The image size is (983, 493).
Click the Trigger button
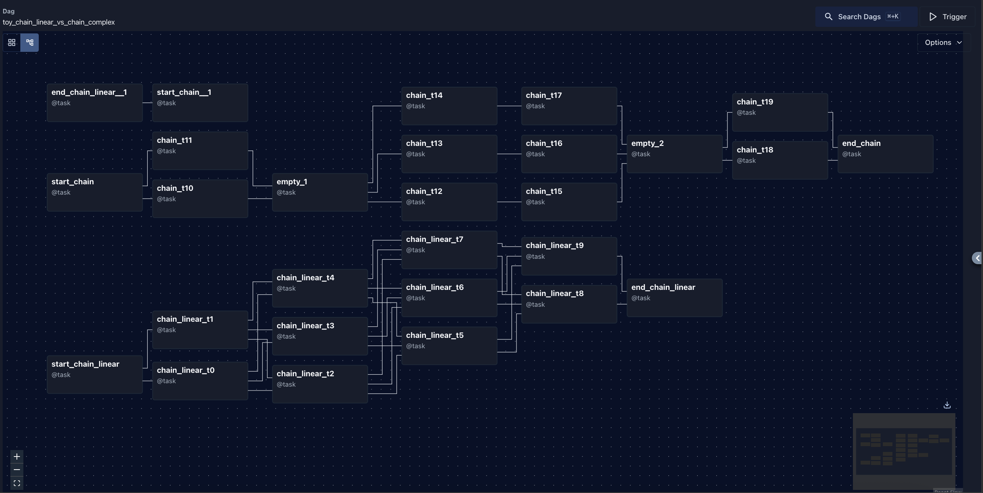(x=947, y=17)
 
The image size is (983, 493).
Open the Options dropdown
(x=943, y=43)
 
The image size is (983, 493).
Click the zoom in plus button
(x=17, y=457)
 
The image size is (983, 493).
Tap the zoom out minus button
(x=17, y=470)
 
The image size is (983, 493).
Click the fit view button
(x=17, y=483)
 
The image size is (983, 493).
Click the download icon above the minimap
(x=947, y=405)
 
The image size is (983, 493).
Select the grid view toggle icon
(x=12, y=43)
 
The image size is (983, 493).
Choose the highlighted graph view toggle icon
(x=30, y=43)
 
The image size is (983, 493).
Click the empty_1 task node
(x=320, y=192)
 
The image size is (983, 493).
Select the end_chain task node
(x=885, y=154)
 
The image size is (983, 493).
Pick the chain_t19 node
(x=780, y=112)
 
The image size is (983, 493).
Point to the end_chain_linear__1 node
(x=94, y=103)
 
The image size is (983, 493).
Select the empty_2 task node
(x=674, y=154)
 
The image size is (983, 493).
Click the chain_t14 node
(x=449, y=106)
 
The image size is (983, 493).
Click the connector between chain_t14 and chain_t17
(x=509, y=106)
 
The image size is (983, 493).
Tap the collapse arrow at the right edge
(x=977, y=258)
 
